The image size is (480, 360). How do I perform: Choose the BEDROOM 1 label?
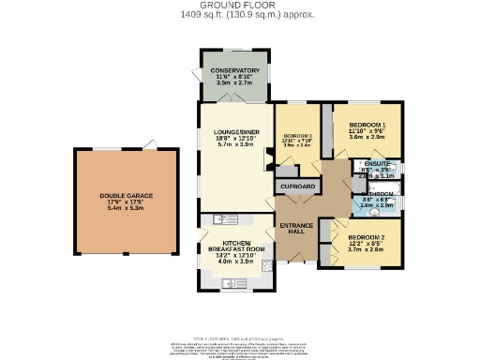point(367,125)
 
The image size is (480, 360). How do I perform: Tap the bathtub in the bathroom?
point(392,188)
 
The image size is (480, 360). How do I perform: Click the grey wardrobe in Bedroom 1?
point(327,122)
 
